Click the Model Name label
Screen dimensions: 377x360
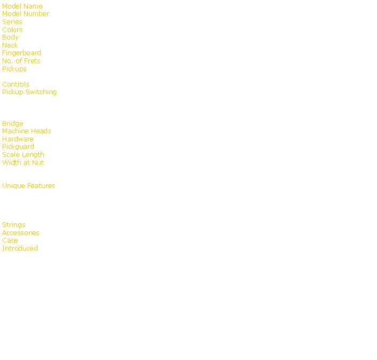(22, 6)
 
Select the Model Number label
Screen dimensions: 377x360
(26, 14)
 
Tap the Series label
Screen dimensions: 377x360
(12, 22)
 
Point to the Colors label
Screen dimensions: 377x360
(12, 30)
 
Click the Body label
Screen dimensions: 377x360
(10, 37)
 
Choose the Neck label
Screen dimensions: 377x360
(10, 46)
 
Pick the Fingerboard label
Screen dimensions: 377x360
(21, 53)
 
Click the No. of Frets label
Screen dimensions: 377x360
(21, 61)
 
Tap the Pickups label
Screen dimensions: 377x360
(14, 69)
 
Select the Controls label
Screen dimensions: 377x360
(16, 85)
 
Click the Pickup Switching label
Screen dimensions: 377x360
(29, 92)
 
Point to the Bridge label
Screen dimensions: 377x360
(13, 124)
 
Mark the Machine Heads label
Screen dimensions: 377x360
(27, 131)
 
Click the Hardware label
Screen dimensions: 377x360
(18, 139)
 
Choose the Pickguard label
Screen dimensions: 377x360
(18, 147)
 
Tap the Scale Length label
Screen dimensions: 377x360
(24, 155)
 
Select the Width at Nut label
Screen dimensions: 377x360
(23, 163)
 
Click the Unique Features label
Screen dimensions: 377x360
(28, 186)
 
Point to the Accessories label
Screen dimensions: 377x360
(21, 233)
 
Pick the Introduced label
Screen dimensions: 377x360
(20, 249)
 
